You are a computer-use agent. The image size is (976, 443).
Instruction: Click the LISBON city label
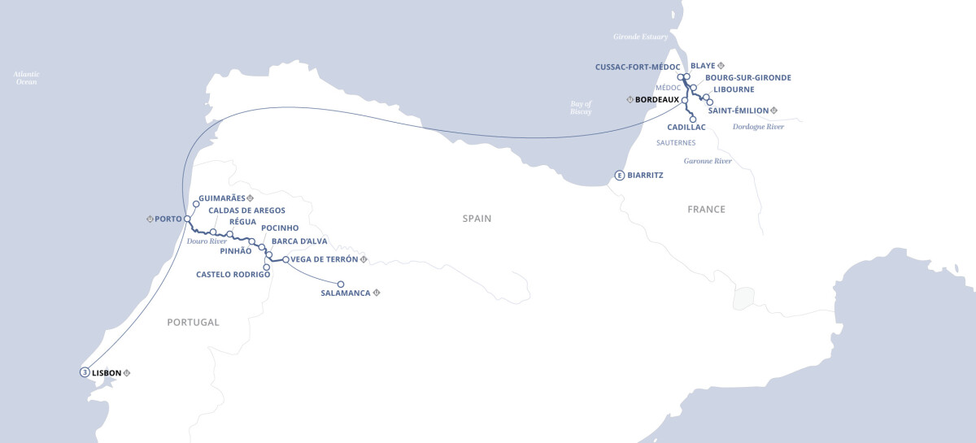pos(107,373)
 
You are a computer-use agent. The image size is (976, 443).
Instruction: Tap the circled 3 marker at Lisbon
pos(85,373)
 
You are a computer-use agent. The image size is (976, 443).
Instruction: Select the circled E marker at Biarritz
pos(620,175)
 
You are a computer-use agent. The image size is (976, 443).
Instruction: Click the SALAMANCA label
pos(346,293)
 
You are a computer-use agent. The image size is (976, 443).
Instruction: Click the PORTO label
pos(168,219)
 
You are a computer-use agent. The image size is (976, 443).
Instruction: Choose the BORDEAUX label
pos(656,99)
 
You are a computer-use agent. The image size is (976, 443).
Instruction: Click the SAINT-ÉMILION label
pos(738,110)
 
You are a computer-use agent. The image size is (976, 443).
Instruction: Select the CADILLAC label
pos(686,128)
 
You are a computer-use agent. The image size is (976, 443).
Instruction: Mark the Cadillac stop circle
pos(693,119)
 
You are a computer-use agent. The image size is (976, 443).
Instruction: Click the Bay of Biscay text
pos(581,107)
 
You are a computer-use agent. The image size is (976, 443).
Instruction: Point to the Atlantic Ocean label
pos(26,78)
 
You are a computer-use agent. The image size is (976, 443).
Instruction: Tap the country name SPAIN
pos(477,219)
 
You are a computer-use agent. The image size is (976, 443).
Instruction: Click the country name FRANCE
pos(705,209)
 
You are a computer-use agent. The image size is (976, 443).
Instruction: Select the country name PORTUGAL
pos(193,322)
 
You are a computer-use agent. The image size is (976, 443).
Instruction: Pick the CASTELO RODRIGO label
pos(233,275)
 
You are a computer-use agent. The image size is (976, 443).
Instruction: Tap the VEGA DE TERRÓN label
pos(325,259)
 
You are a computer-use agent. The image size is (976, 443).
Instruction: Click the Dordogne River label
pos(758,127)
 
